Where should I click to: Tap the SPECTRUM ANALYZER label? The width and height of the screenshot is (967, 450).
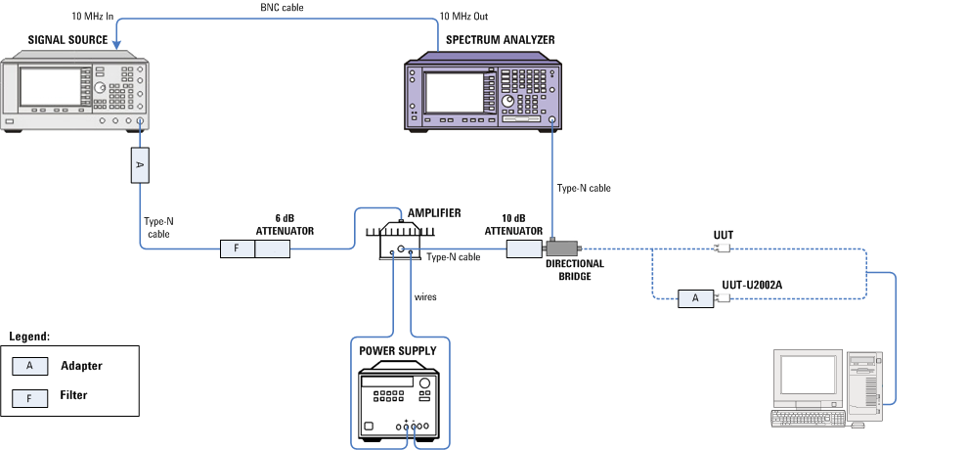(x=500, y=40)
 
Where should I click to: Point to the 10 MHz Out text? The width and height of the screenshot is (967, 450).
(x=462, y=17)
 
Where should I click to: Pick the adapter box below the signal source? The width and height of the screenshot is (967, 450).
(x=139, y=165)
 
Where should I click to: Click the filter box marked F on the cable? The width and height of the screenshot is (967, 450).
(x=237, y=248)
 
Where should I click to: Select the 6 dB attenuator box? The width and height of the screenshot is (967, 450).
(x=273, y=248)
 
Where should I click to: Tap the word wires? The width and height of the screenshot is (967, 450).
(x=425, y=295)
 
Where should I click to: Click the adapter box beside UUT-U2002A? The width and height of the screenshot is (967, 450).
(x=695, y=297)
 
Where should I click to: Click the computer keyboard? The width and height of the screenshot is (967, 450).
(x=807, y=418)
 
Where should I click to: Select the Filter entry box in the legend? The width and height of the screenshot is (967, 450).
(x=29, y=396)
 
